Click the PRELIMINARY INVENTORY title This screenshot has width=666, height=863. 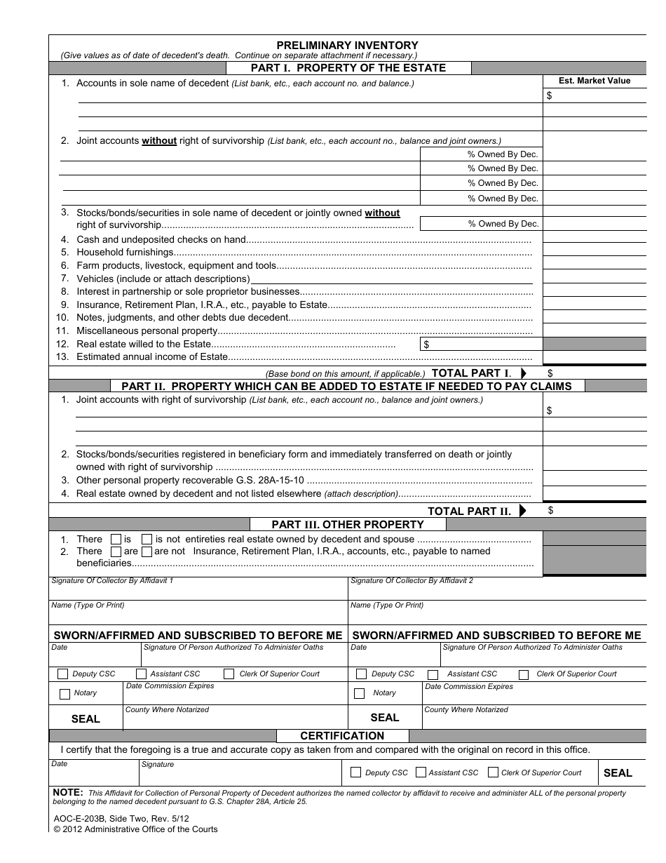(347, 45)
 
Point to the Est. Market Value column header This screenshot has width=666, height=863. (594, 81)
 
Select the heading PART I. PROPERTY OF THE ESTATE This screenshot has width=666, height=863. (348, 68)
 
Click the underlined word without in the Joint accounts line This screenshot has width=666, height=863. (159, 141)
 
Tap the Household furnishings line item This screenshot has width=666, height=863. (125, 253)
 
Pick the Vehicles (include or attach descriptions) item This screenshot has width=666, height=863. (163, 279)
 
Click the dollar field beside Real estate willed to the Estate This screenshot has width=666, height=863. (481, 344)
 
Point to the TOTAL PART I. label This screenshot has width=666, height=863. (471, 373)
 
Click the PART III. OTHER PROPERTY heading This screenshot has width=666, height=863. (348, 525)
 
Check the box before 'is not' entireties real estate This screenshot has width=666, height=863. (147, 540)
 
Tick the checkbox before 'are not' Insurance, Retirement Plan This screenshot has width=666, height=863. (147, 551)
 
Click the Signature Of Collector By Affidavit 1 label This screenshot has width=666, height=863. (112, 581)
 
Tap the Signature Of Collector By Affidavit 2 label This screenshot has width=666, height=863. (412, 581)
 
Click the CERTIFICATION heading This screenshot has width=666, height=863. (342, 736)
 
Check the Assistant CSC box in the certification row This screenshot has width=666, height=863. (421, 772)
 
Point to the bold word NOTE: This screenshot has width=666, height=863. (68, 792)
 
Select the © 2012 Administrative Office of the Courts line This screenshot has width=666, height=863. (135, 829)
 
